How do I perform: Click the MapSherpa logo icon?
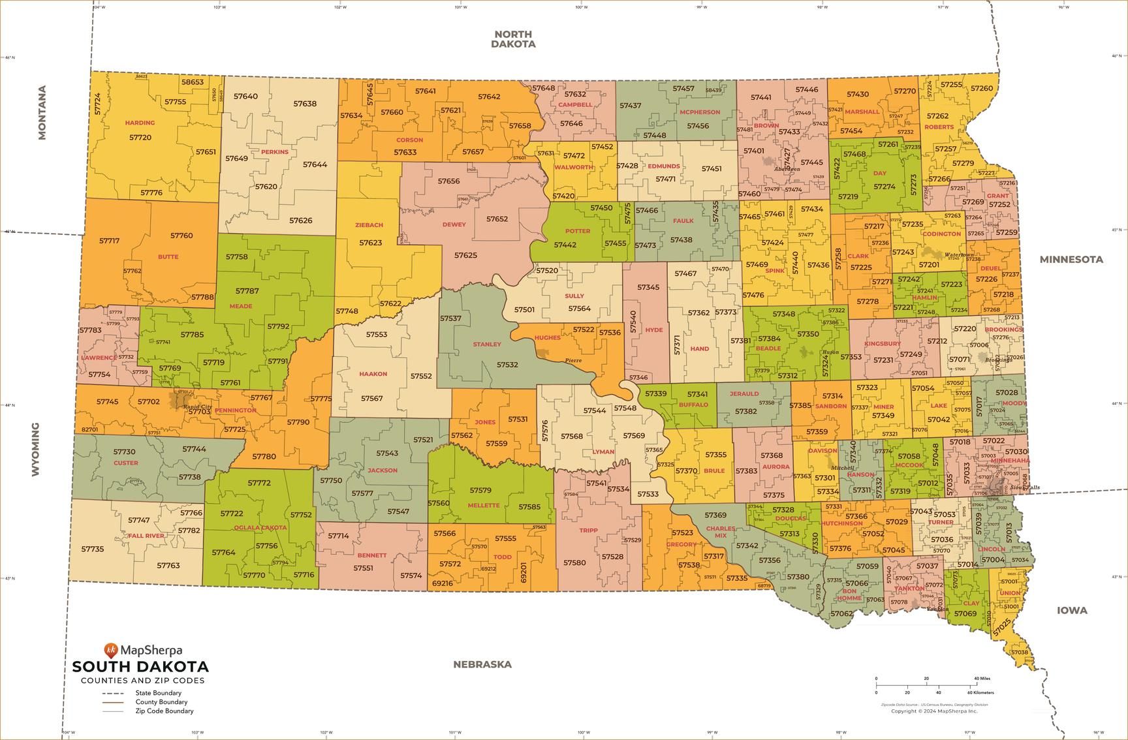(111, 650)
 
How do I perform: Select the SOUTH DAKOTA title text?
(140, 667)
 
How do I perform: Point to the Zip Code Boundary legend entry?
(164, 711)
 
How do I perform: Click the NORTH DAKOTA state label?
(513, 39)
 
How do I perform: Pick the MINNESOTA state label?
(1071, 259)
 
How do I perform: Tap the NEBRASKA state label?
(482, 664)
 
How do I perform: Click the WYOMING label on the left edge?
(35, 449)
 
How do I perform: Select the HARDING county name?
(140, 123)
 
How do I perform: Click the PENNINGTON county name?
(235, 410)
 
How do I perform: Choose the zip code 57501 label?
(524, 310)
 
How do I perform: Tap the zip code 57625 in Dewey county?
(465, 255)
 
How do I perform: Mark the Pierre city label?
(573, 360)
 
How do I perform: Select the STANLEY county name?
(487, 344)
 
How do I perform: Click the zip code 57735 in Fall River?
(92, 549)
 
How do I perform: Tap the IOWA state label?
(1072, 610)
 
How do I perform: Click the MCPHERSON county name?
(699, 112)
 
